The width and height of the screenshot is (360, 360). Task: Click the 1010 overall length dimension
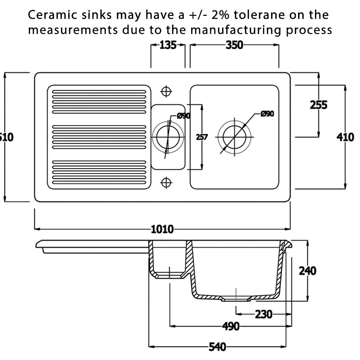(162, 229)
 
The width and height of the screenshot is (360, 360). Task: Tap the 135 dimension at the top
(168, 45)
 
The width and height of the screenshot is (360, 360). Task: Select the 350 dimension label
(234, 45)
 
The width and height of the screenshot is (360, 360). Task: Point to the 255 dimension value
(319, 105)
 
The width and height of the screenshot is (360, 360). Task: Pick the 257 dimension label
(202, 137)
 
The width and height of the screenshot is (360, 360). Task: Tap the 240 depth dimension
(307, 270)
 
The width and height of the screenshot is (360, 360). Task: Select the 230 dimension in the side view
(264, 314)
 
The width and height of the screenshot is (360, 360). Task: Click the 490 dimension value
(230, 327)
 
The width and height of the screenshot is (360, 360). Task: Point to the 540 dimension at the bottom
(217, 347)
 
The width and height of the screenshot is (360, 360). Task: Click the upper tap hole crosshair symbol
(166, 91)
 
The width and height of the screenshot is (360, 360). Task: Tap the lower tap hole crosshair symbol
(166, 183)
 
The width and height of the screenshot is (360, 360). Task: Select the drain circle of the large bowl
(234, 137)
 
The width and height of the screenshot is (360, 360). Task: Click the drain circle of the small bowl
(168, 137)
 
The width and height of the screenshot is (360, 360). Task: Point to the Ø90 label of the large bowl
(267, 114)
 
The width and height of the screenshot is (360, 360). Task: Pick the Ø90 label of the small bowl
(183, 116)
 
